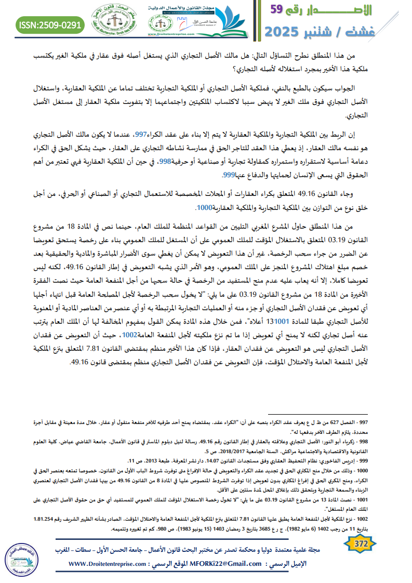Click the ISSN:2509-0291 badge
coord(50,24)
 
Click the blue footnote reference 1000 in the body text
coord(205,208)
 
